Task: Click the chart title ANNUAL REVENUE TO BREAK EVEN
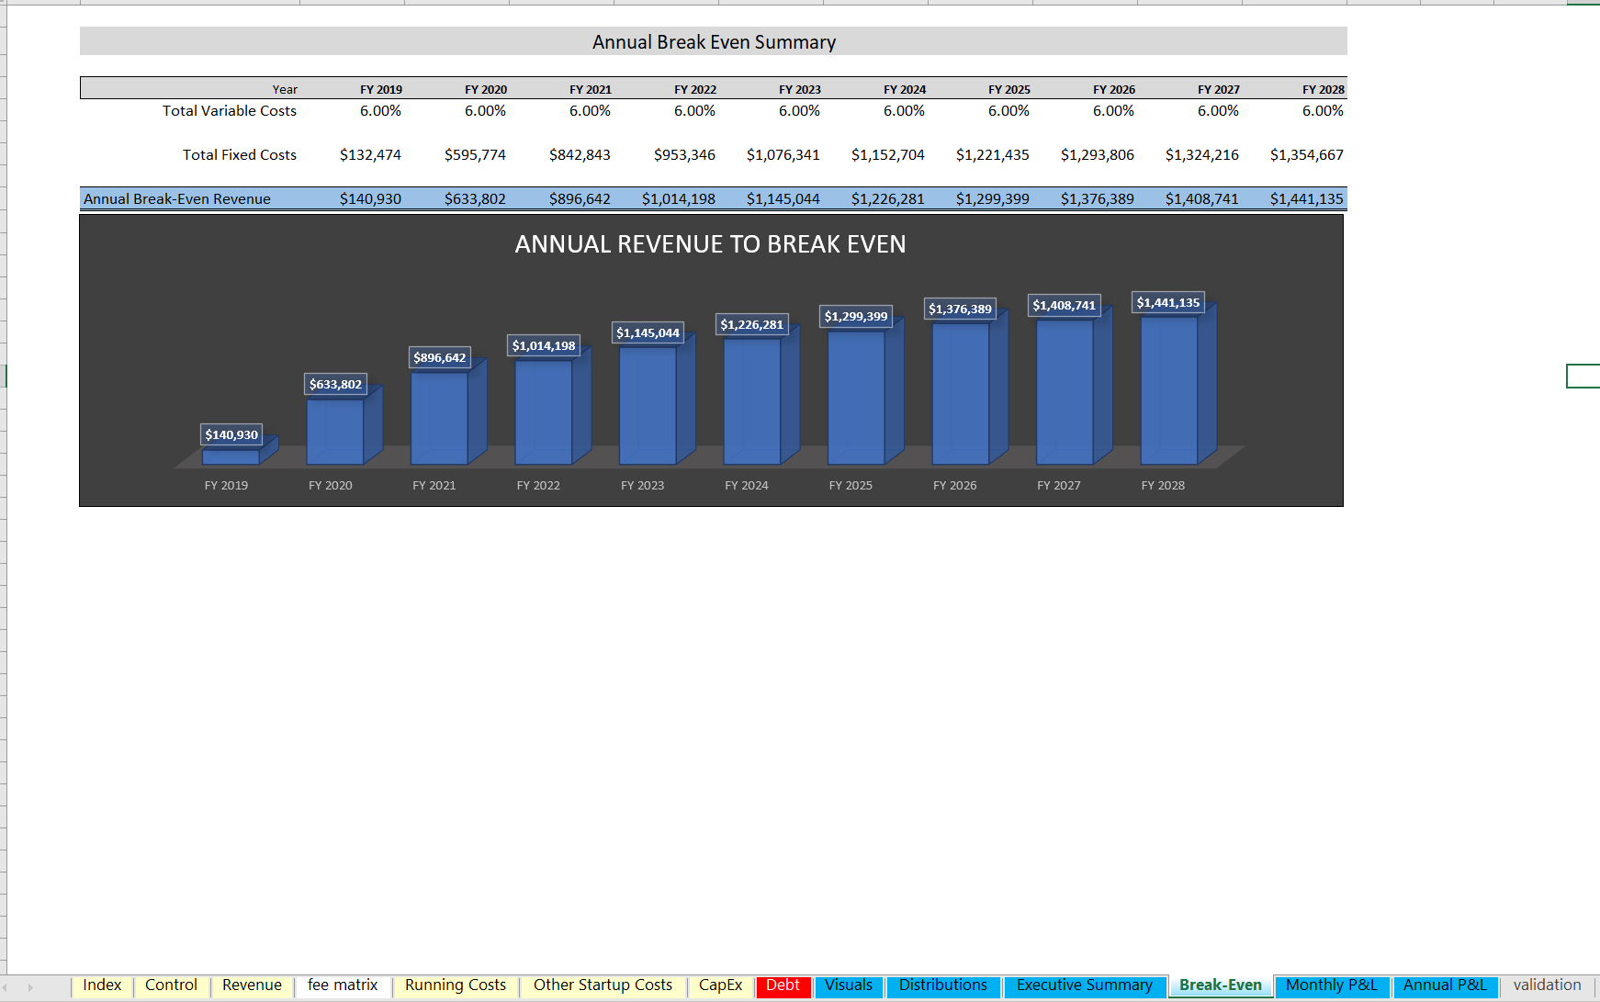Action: tap(710, 244)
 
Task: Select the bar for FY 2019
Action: tap(231, 456)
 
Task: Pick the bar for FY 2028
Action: tap(1168, 390)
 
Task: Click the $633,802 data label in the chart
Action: tap(335, 384)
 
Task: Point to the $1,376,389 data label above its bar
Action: tap(960, 309)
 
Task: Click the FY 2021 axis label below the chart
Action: tap(434, 485)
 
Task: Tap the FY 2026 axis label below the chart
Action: tap(954, 485)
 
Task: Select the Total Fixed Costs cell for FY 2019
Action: tap(370, 155)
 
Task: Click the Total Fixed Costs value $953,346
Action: tap(684, 155)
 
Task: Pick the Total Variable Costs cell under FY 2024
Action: tap(904, 111)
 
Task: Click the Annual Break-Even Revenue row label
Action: tap(177, 199)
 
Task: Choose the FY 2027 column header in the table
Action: tap(1218, 89)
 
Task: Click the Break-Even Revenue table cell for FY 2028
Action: tap(1306, 199)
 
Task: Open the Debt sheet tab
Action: tap(783, 985)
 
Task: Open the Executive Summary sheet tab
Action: tap(1084, 985)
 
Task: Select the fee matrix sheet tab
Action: tap(343, 985)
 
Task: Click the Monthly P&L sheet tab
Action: tap(1331, 985)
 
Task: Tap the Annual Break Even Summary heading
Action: tap(714, 42)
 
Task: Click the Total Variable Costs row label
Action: tap(230, 111)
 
